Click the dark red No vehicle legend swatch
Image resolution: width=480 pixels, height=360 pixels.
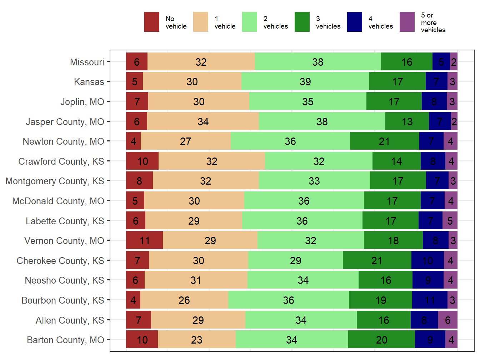pyautogui.click(x=151, y=22)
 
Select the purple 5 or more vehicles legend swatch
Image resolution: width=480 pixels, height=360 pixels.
pyautogui.click(x=407, y=22)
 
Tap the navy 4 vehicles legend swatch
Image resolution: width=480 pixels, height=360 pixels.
pyautogui.click(x=354, y=22)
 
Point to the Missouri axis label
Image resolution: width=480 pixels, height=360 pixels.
pyautogui.click(x=87, y=62)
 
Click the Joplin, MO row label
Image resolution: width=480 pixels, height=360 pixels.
pyautogui.click(x=82, y=102)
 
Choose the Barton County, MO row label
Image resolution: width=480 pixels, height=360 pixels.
pyautogui.click(x=65, y=340)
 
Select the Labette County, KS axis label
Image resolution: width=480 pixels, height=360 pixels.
pyautogui.click(x=65, y=221)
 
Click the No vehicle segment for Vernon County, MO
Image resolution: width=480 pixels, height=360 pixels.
pyautogui.click(x=144, y=240)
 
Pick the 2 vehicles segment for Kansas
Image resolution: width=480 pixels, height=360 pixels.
pyautogui.click(x=305, y=81)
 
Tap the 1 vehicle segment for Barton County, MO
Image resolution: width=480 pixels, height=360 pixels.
pyautogui.click(x=196, y=340)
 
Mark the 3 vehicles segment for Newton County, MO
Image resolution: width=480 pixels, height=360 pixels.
pyautogui.click(x=384, y=141)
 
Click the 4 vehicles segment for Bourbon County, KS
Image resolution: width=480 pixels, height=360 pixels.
pyautogui.click(x=430, y=300)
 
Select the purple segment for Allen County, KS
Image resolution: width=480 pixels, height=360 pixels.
pyautogui.click(x=447, y=320)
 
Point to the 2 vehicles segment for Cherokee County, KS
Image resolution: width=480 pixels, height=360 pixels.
pyautogui.click(x=295, y=260)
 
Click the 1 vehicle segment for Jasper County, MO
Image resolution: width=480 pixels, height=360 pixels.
pyautogui.click(x=203, y=121)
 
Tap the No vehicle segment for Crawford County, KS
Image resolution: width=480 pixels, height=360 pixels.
pyautogui.click(x=142, y=161)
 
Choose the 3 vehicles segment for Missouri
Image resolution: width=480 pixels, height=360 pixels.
pyautogui.click(x=406, y=62)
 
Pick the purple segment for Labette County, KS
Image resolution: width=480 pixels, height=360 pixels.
pyautogui.click(x=450, y=221)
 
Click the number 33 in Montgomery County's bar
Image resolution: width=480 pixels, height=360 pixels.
pyautogui.click(x=314, y=181)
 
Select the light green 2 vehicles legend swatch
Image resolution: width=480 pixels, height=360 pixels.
pyautogui.click(x=249, y=22)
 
